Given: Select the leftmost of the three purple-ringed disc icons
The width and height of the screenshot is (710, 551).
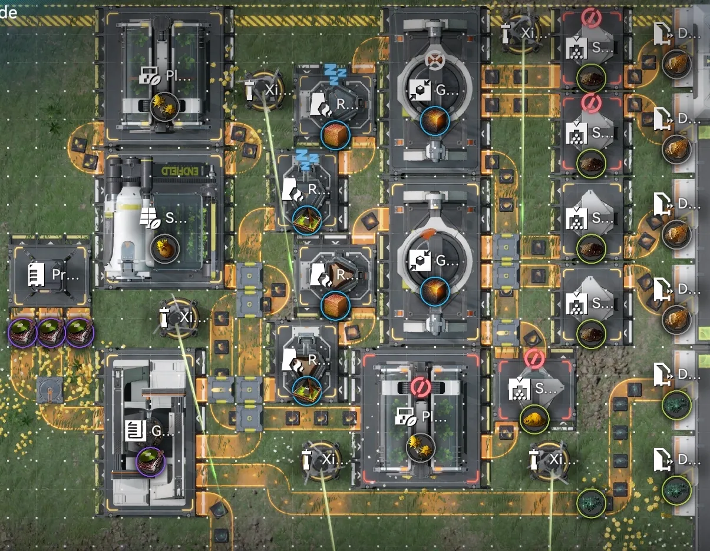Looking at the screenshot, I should (x=22, y=333).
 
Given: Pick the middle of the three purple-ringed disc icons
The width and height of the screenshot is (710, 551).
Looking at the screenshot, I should (x=50, y=333).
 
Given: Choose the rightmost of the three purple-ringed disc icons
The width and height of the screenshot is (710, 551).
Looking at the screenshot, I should (x=78, y=333).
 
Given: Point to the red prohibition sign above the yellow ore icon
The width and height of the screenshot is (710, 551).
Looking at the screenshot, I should (x=534, y=358).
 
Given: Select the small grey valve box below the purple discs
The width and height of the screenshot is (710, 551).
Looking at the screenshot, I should (x=49, y=390).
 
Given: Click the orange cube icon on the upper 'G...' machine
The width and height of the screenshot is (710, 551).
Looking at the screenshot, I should (x=435, y=121).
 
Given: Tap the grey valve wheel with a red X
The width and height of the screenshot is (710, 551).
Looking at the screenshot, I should (x=435, y=61).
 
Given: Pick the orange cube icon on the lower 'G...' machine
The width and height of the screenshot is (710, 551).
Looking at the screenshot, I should (x=435, y=292).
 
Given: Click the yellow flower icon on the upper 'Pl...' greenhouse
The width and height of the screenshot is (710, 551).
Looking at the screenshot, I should (x=163, y=106).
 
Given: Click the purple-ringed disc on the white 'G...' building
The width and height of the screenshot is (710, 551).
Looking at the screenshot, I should (x=150, y=461).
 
